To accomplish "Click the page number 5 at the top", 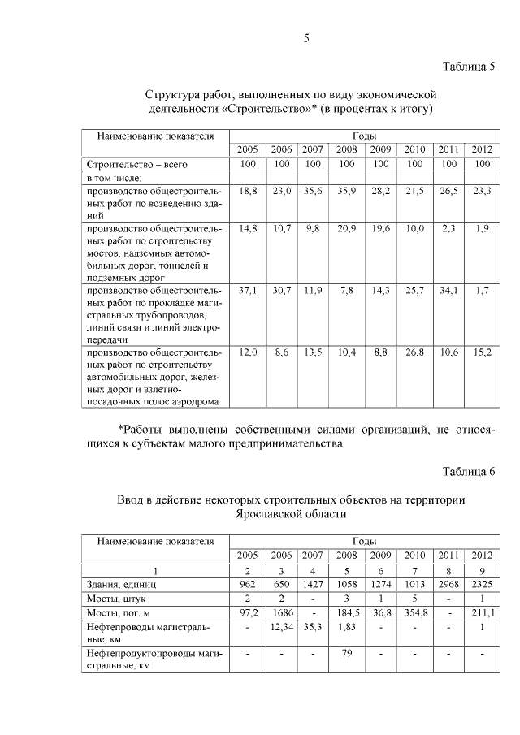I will pos(307,38).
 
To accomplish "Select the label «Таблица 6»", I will pos(469,473).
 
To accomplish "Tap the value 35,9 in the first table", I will pos(347,191).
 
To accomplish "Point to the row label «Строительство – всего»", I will pos(136,164).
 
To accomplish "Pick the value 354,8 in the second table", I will pos(414,612).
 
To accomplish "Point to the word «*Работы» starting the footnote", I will pos(144,429).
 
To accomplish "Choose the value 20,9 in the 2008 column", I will pos(347,228).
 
